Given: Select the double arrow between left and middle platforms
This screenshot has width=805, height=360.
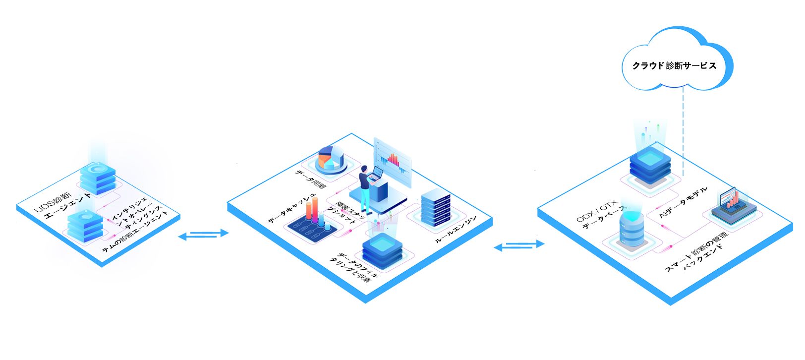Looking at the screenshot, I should click(203, 235).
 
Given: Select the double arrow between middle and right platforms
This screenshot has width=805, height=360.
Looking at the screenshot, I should click(519, 245).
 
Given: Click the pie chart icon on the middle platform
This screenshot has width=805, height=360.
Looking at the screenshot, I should click(331, 158).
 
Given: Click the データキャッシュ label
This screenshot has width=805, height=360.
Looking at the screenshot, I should click(292, 208).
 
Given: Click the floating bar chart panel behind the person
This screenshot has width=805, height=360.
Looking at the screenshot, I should click(393, 161).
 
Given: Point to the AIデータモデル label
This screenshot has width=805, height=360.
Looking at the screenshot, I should click(684, 203).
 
